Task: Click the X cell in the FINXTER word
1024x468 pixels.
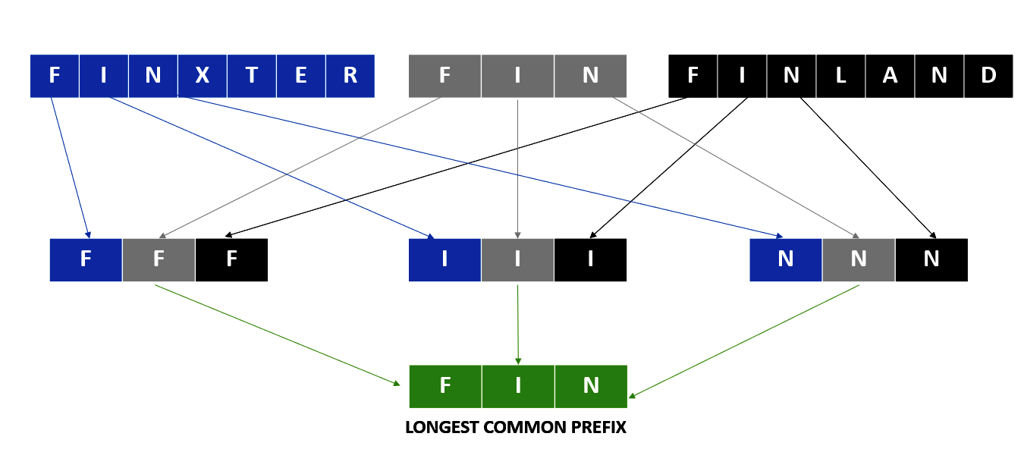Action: [x=202, y=76]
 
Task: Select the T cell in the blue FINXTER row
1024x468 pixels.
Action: [x=251, y=76]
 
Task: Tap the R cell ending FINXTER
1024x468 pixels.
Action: [x=350, y=76]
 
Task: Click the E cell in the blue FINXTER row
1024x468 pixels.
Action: [x=300, y=76]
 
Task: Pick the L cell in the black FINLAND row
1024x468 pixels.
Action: [x=840, y=76]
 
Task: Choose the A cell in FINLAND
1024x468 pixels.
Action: [x=890, y=76]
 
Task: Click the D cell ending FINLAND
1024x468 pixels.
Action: [x=988, y=76]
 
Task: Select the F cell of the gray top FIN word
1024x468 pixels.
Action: [x=444, y=76]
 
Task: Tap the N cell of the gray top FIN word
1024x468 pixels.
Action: [x=590, y=76]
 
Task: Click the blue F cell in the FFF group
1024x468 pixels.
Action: [x=86, y=259]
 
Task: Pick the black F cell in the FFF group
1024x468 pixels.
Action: [x=231, y=259]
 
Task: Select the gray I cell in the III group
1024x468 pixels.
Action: [x=517, y=259]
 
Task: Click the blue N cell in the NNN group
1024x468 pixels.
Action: [x=785, y=259]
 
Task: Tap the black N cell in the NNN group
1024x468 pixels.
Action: [x=931, y=259]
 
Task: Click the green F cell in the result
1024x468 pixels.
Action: [x=445, y=386]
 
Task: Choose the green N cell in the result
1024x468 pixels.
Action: [x=591, y=386]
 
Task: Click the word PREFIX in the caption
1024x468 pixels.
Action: [x=596, y=428]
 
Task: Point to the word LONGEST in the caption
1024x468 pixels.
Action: [x=437, y=428]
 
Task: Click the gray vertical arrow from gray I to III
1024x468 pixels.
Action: [x=518, y=167]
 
